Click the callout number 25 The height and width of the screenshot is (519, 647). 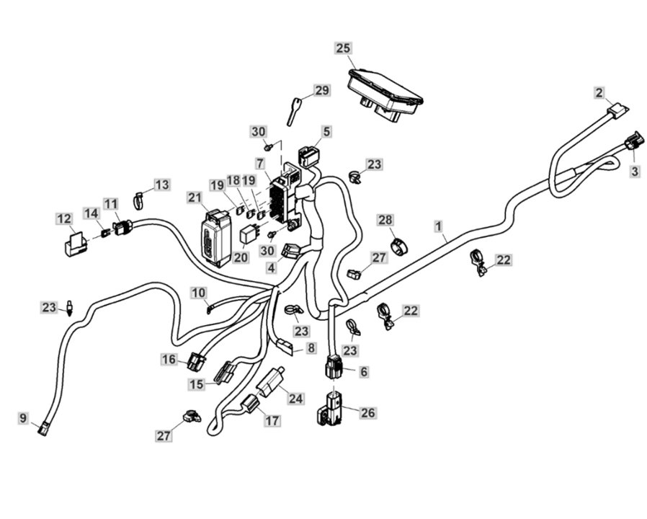pyautogui.click(x=344, y=48)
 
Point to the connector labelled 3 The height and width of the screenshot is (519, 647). pyautogui.click(x=632, y=141)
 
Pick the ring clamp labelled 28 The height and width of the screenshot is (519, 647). pyautogui.click(x=398, y=246)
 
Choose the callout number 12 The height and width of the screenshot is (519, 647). pyautogui.click(x=64, y=217)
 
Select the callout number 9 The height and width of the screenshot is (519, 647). pyautogui.click(x=23, y=417)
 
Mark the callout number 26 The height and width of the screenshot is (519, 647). pyautogui.click(x=367, y=413)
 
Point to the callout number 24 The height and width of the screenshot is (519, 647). pyautogui.click(x=296, y=398)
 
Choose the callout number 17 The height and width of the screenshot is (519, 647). pyautogui.click(x=272, y=420)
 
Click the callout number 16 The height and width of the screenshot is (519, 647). pyautogui.click(x=169, y=359)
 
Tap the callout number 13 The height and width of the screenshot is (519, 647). pyautogui.click(x=162, y=185)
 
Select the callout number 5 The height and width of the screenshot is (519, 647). pyautogui.click(x=326, y=132)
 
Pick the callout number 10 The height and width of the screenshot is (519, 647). pyautogui.click(x=199, y=292)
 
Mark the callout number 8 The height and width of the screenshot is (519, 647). pyautogui.click(x=311, y=348)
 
